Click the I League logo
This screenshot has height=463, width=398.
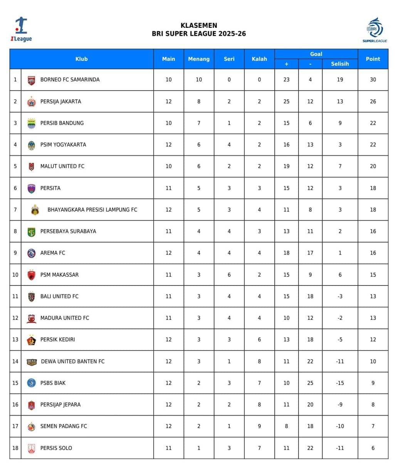(x=21, y=29)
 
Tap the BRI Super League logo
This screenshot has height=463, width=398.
(x=374, y=30)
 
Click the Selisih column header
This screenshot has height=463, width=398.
(x=340, y=64)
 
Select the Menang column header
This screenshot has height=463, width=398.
(x=199, y=59)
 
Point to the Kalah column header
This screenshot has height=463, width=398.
(x=259, y=59)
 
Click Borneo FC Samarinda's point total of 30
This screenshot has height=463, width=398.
(x=373, y=79)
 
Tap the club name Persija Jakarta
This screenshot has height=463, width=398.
(x=60, y=101)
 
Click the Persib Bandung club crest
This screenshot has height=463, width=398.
(x=31, y=123)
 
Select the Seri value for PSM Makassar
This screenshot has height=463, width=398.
(x=229, y=275)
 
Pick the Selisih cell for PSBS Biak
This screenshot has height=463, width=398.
(x=340, y=383)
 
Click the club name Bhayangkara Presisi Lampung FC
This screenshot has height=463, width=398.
(x=92, y=210)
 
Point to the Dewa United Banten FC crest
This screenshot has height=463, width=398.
(x=31, y=362)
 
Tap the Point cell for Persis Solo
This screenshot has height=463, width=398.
(x=373, y=448)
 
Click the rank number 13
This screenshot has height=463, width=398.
(x=15, y=340)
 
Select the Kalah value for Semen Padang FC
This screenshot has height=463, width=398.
(x=259, y=426)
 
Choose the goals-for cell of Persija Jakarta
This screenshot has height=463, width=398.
(x=286, y=101)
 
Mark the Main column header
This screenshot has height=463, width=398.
(x=168, y=59)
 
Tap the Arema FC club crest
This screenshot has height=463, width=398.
(x=31, y=253)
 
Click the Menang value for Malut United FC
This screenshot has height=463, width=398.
(x=199, y=166)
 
